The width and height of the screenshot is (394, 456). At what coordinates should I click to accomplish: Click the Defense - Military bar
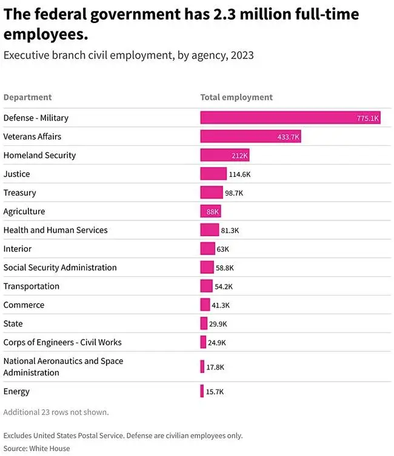(x=290, y=118)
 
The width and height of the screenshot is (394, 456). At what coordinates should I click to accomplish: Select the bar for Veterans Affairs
(x=250, y=137)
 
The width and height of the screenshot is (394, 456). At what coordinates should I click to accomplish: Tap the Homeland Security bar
(x=225, y=156)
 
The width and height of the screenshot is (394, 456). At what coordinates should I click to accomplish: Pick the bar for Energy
(x=202, y=392)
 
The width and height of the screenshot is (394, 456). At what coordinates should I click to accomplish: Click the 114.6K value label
(x=239, y=174)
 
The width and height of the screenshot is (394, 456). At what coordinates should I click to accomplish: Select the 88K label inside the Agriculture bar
(x=212, y=212)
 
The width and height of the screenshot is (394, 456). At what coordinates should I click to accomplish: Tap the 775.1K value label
(x=367, y=119)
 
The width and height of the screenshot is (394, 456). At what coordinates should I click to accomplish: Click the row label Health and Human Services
(x=55, y=230)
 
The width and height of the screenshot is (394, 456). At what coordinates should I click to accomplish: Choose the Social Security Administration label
(x=60, y=268)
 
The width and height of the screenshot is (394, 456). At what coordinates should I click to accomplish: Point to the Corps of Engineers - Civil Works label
(x=62, y=342)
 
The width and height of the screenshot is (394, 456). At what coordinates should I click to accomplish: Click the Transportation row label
(x=32, y=286)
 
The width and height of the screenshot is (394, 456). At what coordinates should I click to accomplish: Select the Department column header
(x=27, y=97)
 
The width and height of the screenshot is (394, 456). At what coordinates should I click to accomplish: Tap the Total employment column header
(x=236, y=97)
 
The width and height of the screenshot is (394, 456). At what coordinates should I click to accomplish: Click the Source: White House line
(x=36, y=449)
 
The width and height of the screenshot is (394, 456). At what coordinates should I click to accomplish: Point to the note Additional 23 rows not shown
(x=56, y=412)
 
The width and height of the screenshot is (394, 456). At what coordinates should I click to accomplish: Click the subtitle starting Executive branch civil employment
(x=129, y=56)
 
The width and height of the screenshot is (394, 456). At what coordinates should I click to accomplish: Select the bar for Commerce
(x=205, y=305)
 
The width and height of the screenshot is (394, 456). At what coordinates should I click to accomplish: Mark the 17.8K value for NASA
(x=215, y=367)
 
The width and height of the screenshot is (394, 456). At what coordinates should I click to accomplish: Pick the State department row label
(x=13, y=324)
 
